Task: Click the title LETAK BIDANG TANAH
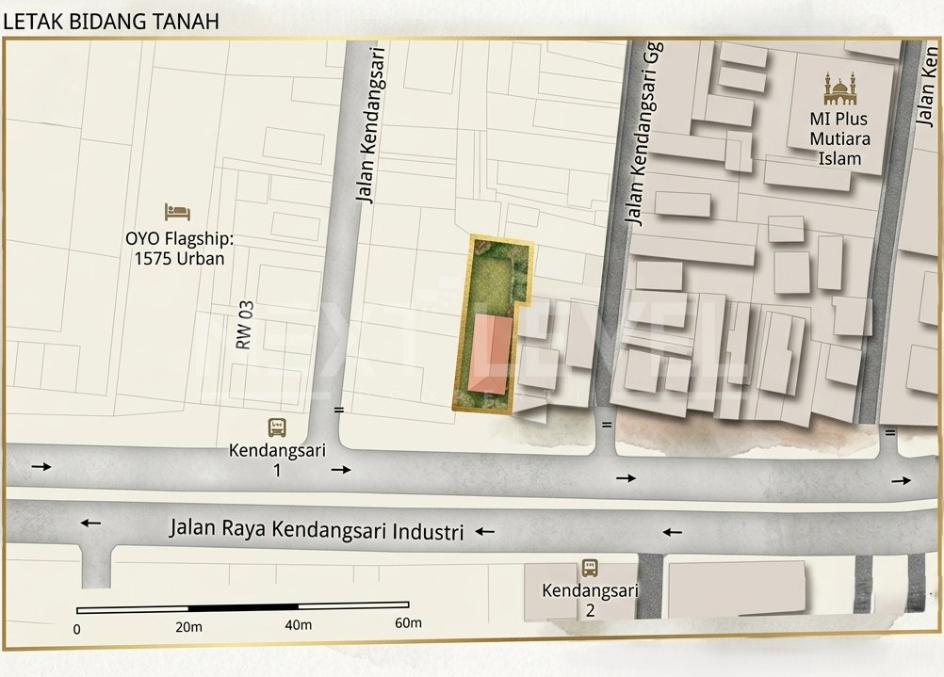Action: point(111,21)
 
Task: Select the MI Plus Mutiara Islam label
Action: point(838,139)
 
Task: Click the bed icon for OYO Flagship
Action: point(176,213)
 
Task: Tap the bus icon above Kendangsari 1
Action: point(277,427)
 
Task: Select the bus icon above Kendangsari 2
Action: point(590,568)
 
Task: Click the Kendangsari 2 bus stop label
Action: point(590,600)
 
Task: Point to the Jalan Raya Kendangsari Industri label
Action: point(317,529)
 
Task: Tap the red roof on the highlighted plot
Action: point(492,355)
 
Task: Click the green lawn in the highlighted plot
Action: point(492,281)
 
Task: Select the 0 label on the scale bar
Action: point(76,628)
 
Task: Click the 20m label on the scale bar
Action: point(188,627)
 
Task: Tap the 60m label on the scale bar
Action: point(408,623)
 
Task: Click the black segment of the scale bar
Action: point(243,607)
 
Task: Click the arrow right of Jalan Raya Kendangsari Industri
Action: point(485,532)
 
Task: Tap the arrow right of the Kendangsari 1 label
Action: point(341,469)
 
